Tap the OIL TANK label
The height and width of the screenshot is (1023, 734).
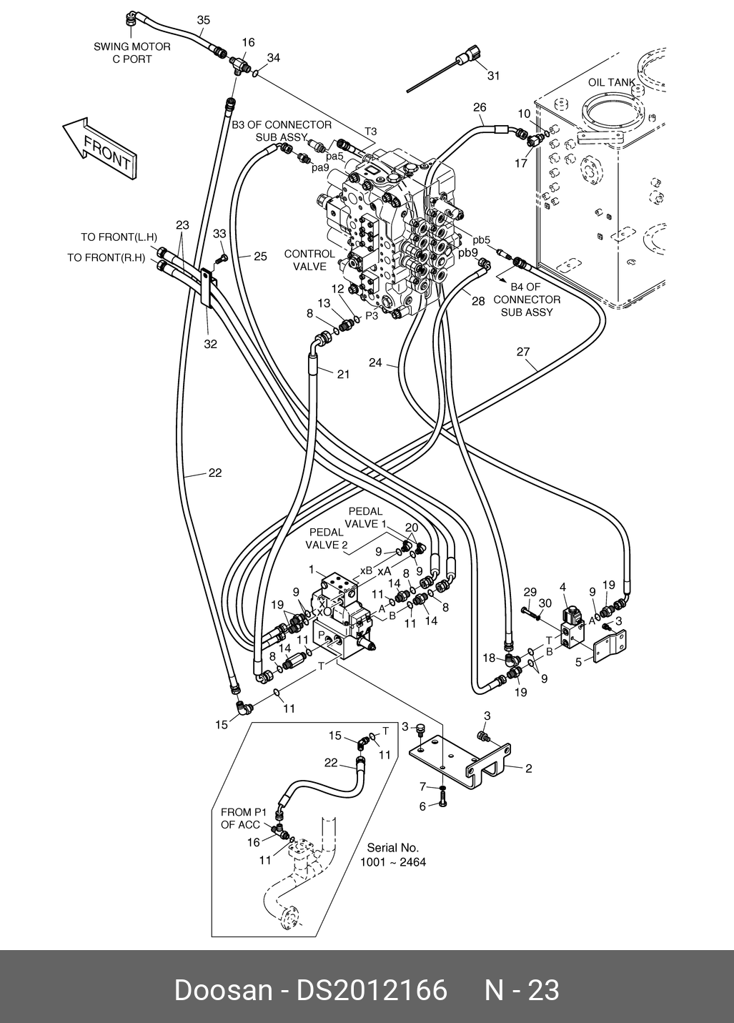pos(611,83)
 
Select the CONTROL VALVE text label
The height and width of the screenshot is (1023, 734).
pos(309,260)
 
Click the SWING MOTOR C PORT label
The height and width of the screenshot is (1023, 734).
pos(132,53)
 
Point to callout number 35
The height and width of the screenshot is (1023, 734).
pos(204,21)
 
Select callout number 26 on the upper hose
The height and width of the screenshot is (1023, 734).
pos(479,108)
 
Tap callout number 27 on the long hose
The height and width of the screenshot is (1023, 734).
pos(523,351)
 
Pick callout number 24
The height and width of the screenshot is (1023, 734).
pos(375,362)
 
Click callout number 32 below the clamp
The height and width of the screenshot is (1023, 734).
pos(210,344)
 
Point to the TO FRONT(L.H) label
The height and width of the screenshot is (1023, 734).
pos(119,237)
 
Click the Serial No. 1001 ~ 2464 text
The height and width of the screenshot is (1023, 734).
pos(392,855)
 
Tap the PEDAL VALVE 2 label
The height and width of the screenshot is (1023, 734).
pos(327,538)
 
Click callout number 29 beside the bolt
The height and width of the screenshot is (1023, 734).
pos(530,591)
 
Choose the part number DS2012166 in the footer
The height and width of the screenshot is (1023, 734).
pos(372,990)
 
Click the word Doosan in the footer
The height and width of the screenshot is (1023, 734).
pos(223,990)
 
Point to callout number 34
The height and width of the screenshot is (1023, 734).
pos(274,57)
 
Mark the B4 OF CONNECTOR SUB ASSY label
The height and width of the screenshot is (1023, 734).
pos(526,300)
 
